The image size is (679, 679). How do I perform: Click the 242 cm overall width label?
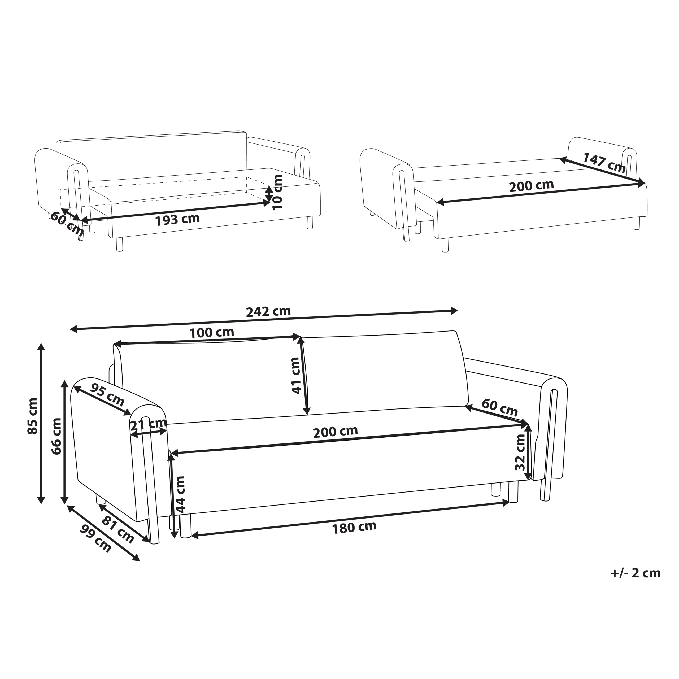tap(268, 311)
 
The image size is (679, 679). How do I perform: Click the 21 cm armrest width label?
tap(148, 425)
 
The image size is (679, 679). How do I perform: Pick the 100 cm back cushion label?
tap(212, 332)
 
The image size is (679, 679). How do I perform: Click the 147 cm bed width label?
tap(604, 162)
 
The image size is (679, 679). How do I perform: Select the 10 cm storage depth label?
tap(277, 192)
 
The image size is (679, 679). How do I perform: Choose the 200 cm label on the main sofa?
tap(336, 432)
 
